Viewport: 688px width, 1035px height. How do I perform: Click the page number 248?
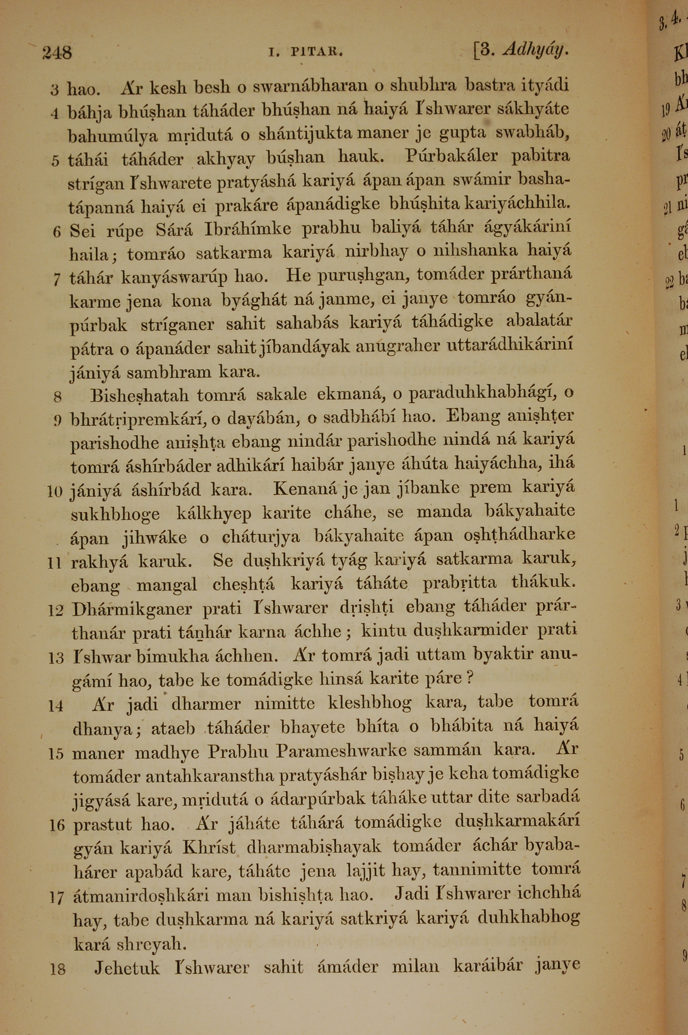click(57, 53)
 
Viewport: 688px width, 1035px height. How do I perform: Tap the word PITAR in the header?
click(316, 53)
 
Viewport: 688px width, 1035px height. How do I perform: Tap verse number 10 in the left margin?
click(56, 491)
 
